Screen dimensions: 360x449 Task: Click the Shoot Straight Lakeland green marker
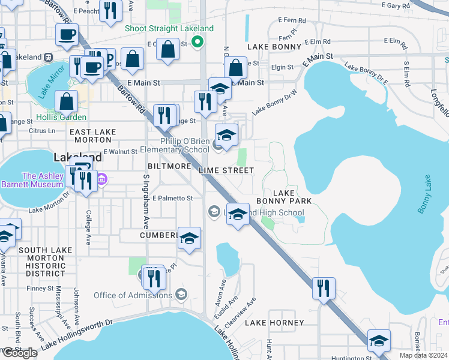pyautogui.click(x=196, y=42)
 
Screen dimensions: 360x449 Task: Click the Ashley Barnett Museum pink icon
pyautogui.click(x=101, y=179)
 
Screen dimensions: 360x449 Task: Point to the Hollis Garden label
pyautogui.click(x=61, y=117)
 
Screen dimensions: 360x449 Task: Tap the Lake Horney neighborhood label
pyautogui.click(x=278, y=323)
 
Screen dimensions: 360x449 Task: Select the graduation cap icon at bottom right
pyautogui.click(x=379, y=340)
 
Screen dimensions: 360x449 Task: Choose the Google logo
pyautogui.click(x=20, y=353)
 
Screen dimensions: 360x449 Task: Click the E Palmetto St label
pyautogui.click(x=172, y=198)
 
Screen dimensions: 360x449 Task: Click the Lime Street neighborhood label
pyautogui.click(x=226, y=170)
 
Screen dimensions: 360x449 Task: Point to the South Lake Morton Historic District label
pyautogui.click(x=41, y=258)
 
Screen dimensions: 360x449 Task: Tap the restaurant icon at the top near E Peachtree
pyautogui.click(x=110, y=12)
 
